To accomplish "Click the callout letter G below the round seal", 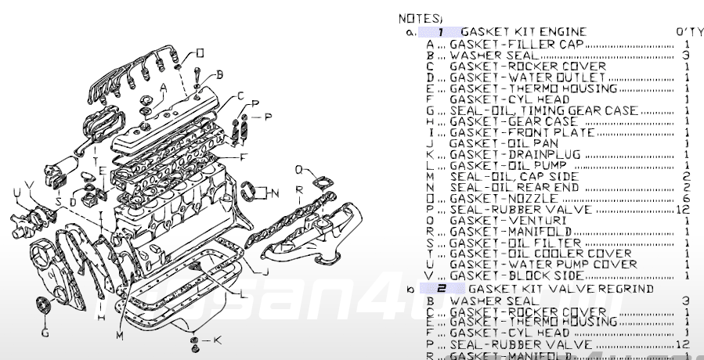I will pos(45,333).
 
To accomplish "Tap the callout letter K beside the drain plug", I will pos(218,340).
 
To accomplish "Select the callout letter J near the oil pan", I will pos(266,272).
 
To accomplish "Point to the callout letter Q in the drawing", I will pos(298,169).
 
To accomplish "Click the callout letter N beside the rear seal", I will pos(275,191).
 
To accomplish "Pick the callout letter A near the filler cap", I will pos(163,87).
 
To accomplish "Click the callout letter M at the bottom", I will pos(120,336).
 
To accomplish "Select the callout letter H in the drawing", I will pos(101,317).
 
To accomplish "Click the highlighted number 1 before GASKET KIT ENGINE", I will pos(440,32).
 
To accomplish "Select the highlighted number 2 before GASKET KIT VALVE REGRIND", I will pos(440,289).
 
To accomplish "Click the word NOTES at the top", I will pos(420,17).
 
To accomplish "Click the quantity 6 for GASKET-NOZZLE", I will pos(686,199).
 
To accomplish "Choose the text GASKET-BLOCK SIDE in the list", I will pos(516,276).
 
